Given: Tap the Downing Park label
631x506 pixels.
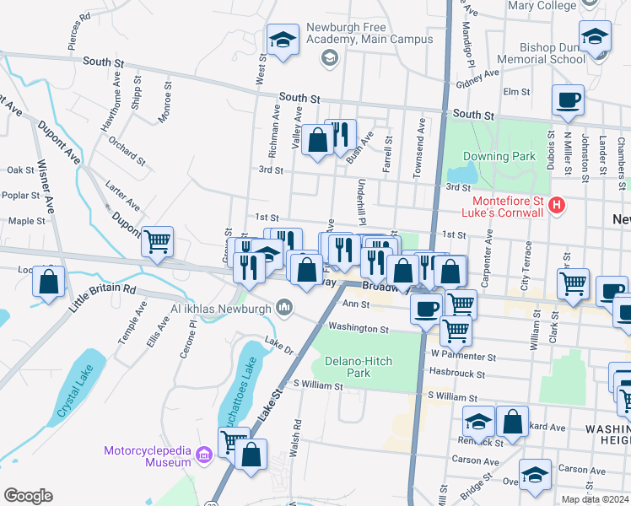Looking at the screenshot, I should click(x=499, y=156).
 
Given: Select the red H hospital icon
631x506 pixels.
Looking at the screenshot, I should click(x=556, y=205).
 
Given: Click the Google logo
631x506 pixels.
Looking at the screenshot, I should click(x=28, y=495).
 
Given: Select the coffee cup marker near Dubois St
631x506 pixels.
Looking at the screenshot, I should click(x=568, y=100).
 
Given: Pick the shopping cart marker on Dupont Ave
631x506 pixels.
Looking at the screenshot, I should click(x=158, y=241).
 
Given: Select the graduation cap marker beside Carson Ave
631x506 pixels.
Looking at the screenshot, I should click(x=534, y=473).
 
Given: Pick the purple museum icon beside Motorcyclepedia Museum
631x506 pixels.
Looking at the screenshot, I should click(x=202, y=456).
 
